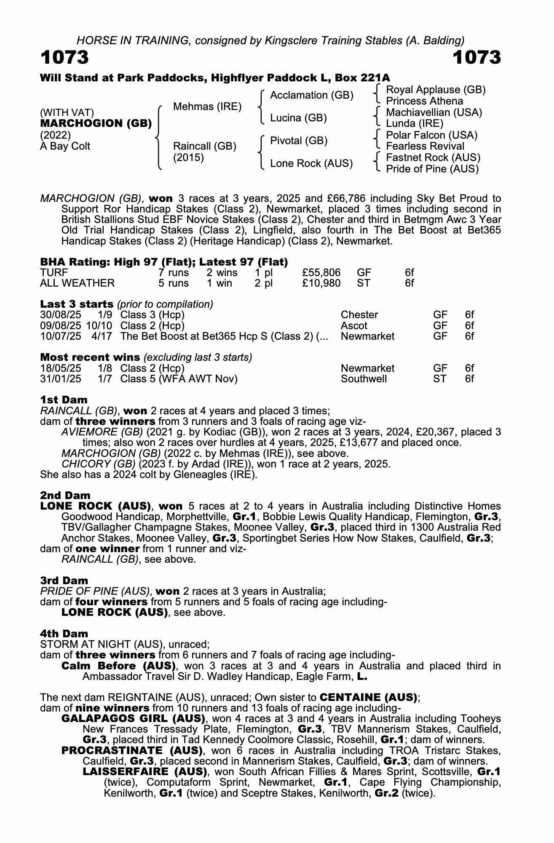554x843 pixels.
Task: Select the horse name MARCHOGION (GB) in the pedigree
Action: (x=96, y=123)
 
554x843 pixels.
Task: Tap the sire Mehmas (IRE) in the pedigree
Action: (x=207, y=107)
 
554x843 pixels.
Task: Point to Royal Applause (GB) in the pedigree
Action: (x=436, y=90)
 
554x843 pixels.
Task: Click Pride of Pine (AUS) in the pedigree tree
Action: (x=432, y=169)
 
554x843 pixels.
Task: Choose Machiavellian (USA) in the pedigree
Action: (x=434, y=113)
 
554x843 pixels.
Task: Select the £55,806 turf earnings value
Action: (x=321, y=273)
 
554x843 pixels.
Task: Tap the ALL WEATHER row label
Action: (x=77, y=283)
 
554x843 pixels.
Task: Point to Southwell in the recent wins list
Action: (x=364, y=379)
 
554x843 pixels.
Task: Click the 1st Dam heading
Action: (x=64, y=400)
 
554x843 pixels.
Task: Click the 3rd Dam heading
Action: (x=64, y=580)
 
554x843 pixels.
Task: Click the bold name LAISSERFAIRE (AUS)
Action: (x=145, y=772)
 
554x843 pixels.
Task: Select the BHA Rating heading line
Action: (x=164, y=262)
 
